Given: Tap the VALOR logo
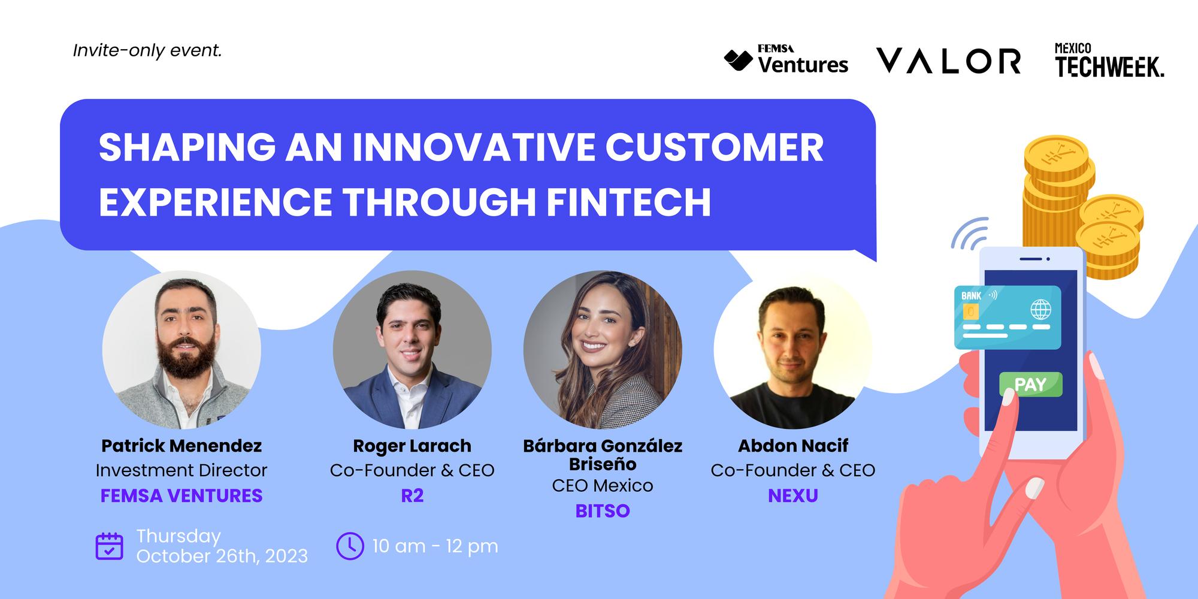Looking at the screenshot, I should (949, 61).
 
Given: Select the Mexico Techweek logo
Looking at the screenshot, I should (1109, 60).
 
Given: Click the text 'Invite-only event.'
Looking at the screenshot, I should (147, 51).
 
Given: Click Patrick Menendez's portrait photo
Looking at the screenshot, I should (181, 350).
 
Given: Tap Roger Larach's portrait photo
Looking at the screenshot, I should (412, 350).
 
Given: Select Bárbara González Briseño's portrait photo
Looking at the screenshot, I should (603, 350).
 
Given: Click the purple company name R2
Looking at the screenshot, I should (412, 495).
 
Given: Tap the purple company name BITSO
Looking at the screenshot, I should (603, 511).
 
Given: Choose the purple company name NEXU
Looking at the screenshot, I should (792, 495).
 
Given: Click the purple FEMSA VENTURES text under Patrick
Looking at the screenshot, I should (181, 495).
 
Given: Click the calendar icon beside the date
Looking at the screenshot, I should (110, 546).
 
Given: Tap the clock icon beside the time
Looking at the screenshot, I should (350, 546).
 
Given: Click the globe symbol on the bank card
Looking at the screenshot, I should (1040, 310).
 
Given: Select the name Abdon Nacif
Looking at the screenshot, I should (792, 446).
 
